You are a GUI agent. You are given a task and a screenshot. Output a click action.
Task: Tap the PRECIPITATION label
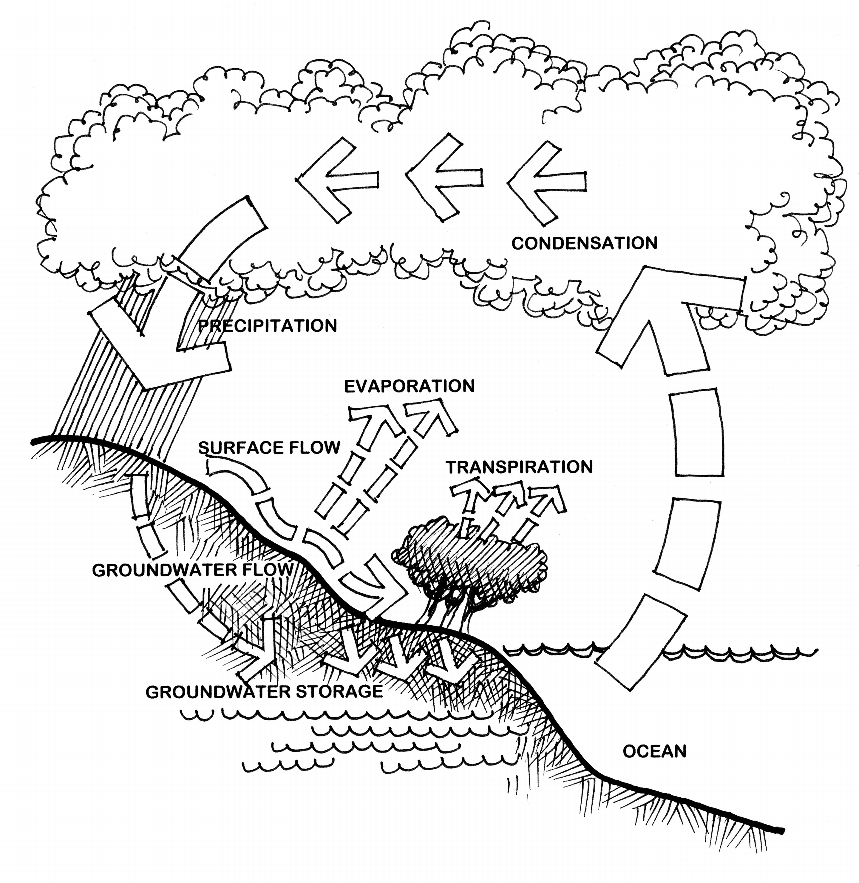pos(268,325)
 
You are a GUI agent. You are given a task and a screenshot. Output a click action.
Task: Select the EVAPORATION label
pos(409,386)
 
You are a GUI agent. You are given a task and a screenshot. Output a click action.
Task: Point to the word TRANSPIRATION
pos(519,467)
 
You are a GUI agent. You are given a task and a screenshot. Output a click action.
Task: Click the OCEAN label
pos(654,751)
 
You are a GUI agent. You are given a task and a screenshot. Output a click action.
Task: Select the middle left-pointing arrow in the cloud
pos(440,179)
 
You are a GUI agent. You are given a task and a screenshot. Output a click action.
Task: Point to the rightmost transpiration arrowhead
pos(548,498)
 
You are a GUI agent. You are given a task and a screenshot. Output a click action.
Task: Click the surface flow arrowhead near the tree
pos(384,582)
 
